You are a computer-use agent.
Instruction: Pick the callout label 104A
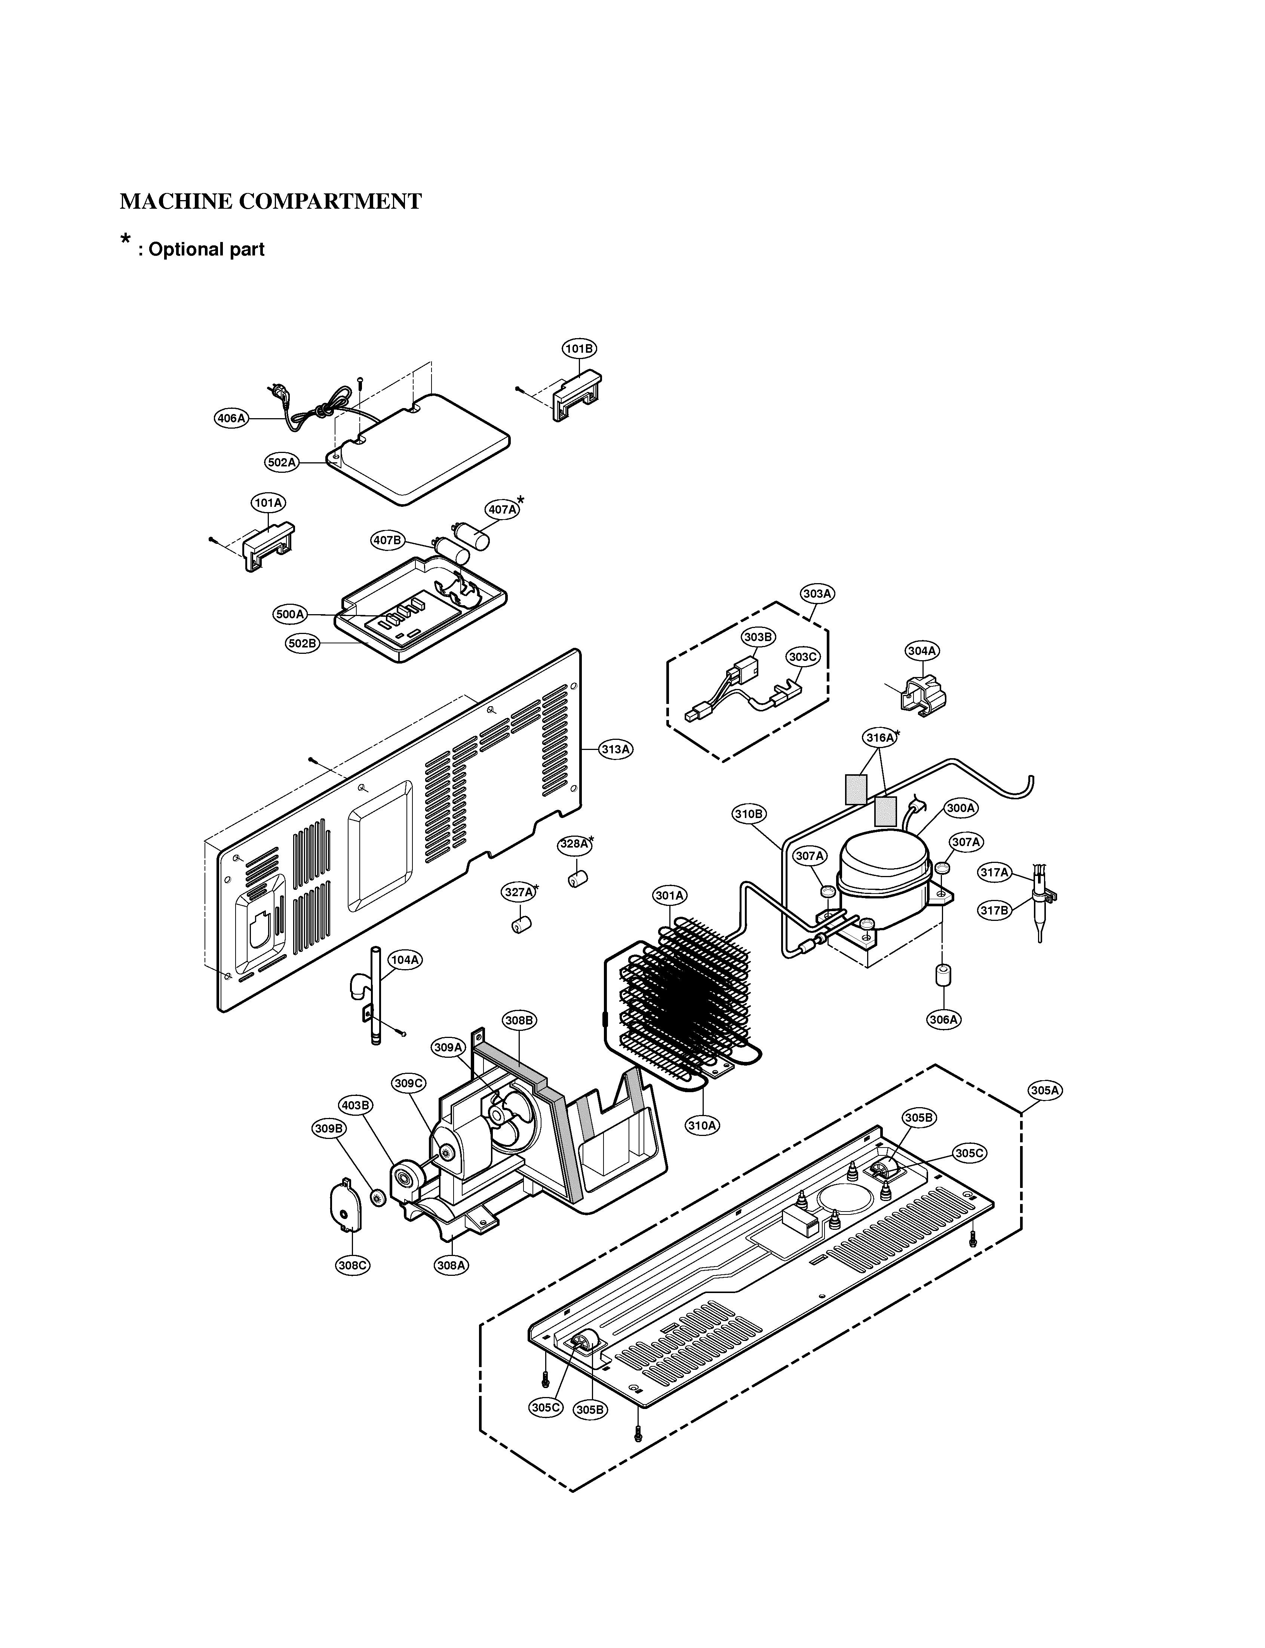[x=404, y=959]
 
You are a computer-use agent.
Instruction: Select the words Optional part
[x=206, y=250]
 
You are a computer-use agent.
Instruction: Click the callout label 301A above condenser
[x=669, y=895]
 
